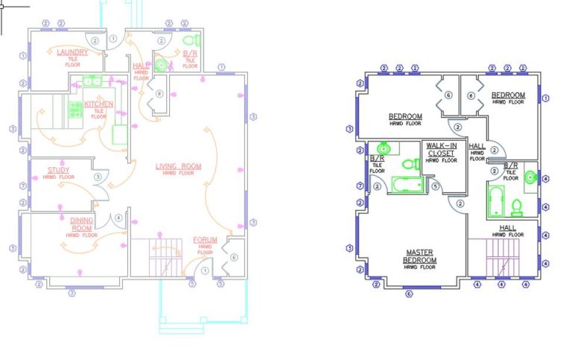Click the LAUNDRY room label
coord(72,52)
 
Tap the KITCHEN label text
coord(98,104)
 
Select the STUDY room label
coord(58,171)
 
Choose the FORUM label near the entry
coord(206,240)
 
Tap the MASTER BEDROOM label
coord(420,256)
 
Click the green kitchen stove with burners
coord(75,110)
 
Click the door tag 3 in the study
coord(98,177)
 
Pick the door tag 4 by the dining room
coord(118,218)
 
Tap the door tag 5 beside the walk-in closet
coord(435,187)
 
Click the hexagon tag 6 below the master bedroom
coord(408,293)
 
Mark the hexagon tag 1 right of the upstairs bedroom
coord(546,98)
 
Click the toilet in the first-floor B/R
coord(189,40)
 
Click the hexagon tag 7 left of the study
coord(24,185)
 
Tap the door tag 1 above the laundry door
coord(113,38)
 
